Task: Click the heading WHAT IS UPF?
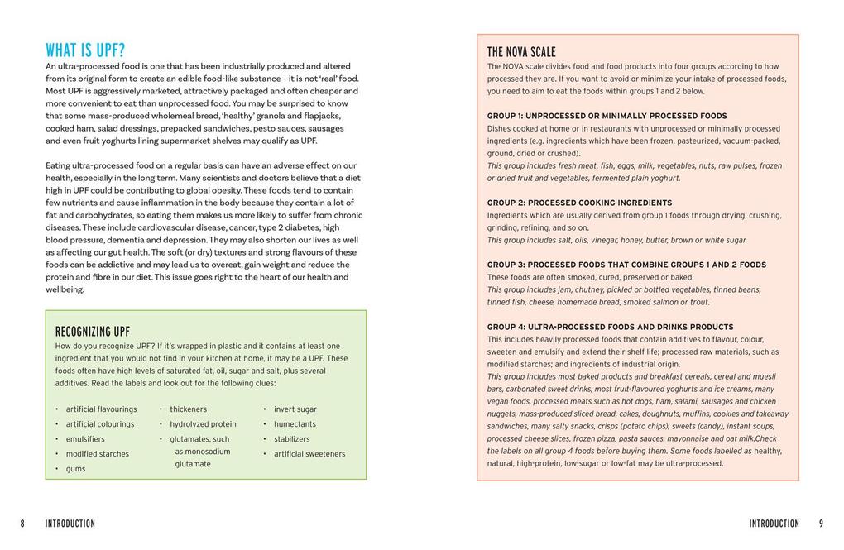(x=85, y=50)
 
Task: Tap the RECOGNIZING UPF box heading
(x=92, y=332)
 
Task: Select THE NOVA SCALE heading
(x=521, y=52)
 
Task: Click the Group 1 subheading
(x=607, y=116)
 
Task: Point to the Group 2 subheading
(x=579, y=203)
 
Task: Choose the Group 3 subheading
(x=626, y=265)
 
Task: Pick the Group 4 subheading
(x=610, y=327)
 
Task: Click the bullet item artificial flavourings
(x=101, y=409)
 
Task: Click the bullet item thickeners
(x=188, y=409)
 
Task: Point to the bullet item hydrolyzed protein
(x=203, y=424)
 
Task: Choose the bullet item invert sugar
(x=295, y=409)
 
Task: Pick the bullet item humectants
(x=295, y=424)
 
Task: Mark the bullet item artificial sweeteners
(x=309, y=454)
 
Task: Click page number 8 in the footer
(x=23, y=524)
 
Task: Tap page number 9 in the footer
(x=821, y=524)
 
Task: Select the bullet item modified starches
(x=98, y=454)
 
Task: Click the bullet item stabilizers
(x=291, y=439)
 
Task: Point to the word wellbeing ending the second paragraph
(x=65, y=289)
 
